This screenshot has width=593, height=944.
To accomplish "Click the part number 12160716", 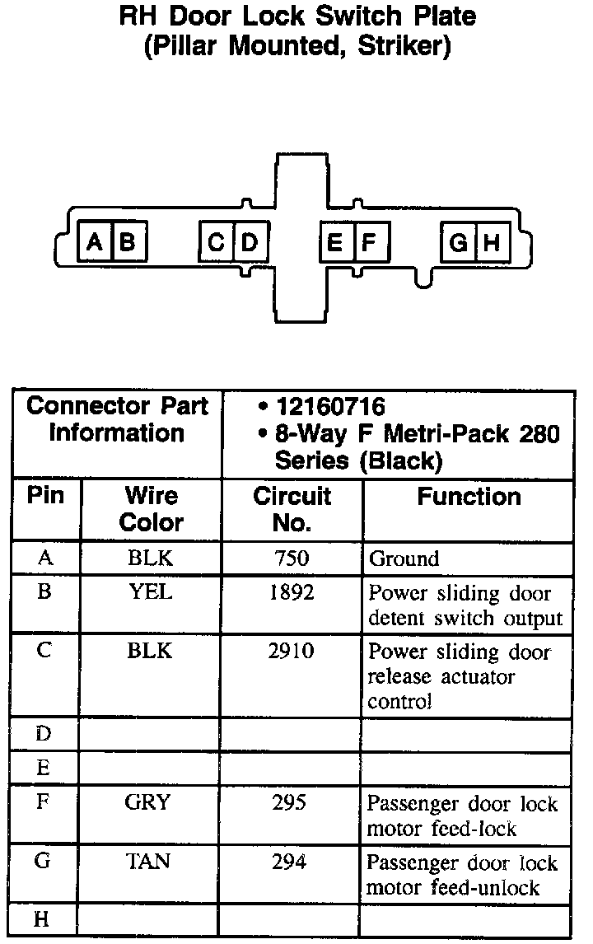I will click(x=331, y=406).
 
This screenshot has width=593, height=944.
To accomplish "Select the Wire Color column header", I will click(x=152, y=509).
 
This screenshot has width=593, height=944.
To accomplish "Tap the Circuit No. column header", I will click(x=292, y=509).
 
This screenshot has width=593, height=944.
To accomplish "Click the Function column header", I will click(x=469, y=497).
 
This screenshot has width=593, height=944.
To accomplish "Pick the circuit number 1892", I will click(x=292, y=593).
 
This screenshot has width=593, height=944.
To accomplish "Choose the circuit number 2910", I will click(x=292, y=652).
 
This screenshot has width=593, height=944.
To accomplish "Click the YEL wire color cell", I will click(x=151, y=593).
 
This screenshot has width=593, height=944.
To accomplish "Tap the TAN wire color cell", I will click(x=149, y=862).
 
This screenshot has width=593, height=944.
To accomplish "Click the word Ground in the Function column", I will click(x=404, y=559).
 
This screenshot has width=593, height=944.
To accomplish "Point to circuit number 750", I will click(x=292, y=558).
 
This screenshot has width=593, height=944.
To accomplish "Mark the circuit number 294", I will click(x=289, y=862).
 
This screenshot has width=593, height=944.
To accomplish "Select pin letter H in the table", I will click(x=43, y=920).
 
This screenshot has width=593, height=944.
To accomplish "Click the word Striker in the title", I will click(x=405, y=47).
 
